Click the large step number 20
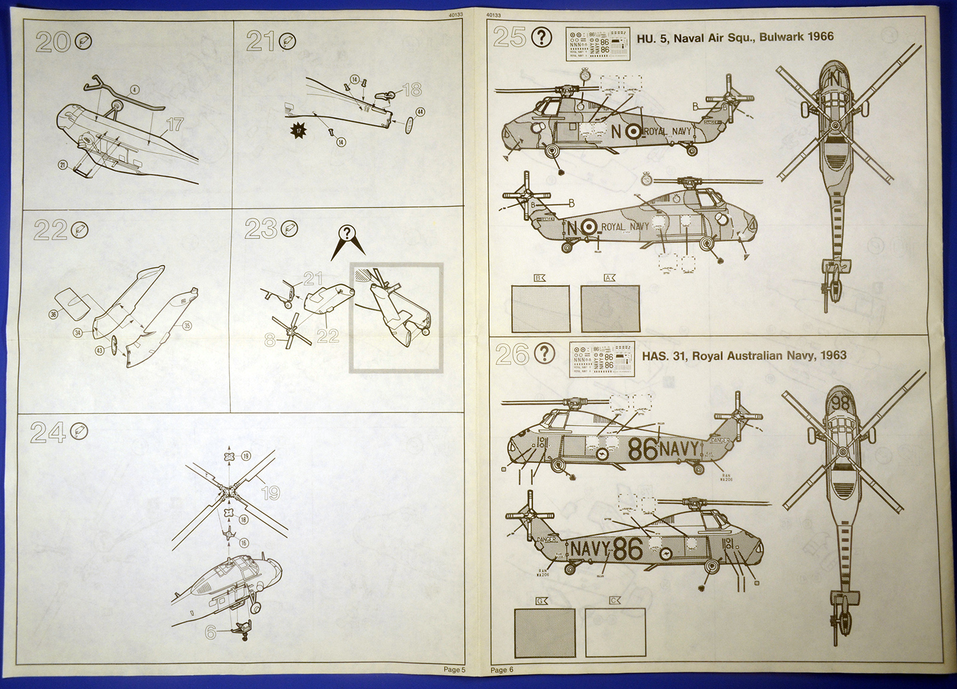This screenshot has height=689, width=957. tap(52, 42)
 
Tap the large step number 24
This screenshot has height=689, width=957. tap(48, 432)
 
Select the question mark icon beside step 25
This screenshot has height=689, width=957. tap(542, 38)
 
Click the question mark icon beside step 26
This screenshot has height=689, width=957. tap(544, 354)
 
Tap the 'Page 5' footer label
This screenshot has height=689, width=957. tap(454, 670)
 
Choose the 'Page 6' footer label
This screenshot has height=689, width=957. tap(502, 670)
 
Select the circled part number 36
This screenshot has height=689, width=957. tap(54, 314)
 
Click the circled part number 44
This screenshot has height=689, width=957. tap(420, 112)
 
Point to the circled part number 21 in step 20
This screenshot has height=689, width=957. tap(63, 165)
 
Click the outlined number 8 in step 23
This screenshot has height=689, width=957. tap(270, 340)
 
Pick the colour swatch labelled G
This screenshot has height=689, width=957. tap(544, 633)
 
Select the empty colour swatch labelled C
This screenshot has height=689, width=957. tap(615, 633)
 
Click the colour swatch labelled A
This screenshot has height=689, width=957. tap(609, 308)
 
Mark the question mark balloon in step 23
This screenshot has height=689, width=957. tap(347, 233)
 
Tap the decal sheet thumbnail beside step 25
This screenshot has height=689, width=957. tap(598, 44)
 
